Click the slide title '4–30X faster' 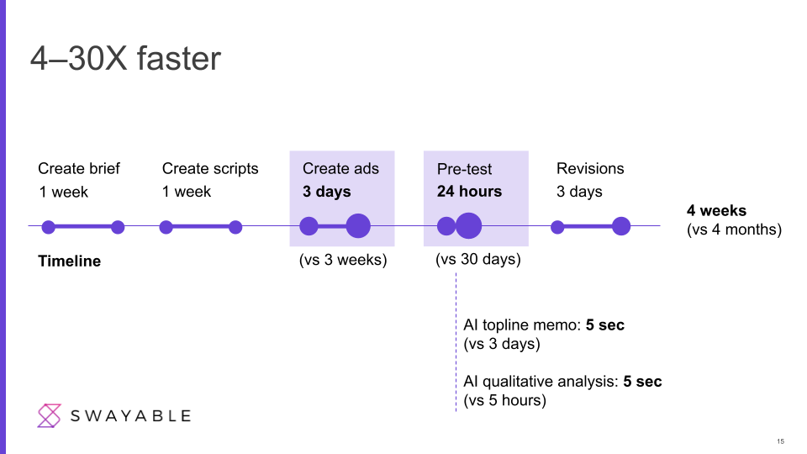125,58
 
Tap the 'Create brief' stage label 79,168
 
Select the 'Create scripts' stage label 210,169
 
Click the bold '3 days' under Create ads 327,192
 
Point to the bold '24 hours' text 469,192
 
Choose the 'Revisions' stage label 590,168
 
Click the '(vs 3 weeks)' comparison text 343,260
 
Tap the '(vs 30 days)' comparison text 478,259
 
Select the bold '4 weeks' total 716,210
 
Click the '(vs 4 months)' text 734,229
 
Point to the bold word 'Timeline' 70,261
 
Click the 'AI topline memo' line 544,325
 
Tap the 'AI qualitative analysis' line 562,382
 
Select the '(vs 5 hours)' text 505,400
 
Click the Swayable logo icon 50,416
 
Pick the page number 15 780,441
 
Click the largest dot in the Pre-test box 468,225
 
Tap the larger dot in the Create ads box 358,225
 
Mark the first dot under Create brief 49,227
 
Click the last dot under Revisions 621,226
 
